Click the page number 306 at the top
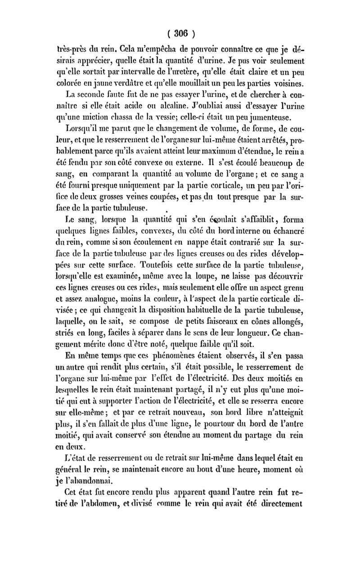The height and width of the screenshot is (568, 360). [180, 33]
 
